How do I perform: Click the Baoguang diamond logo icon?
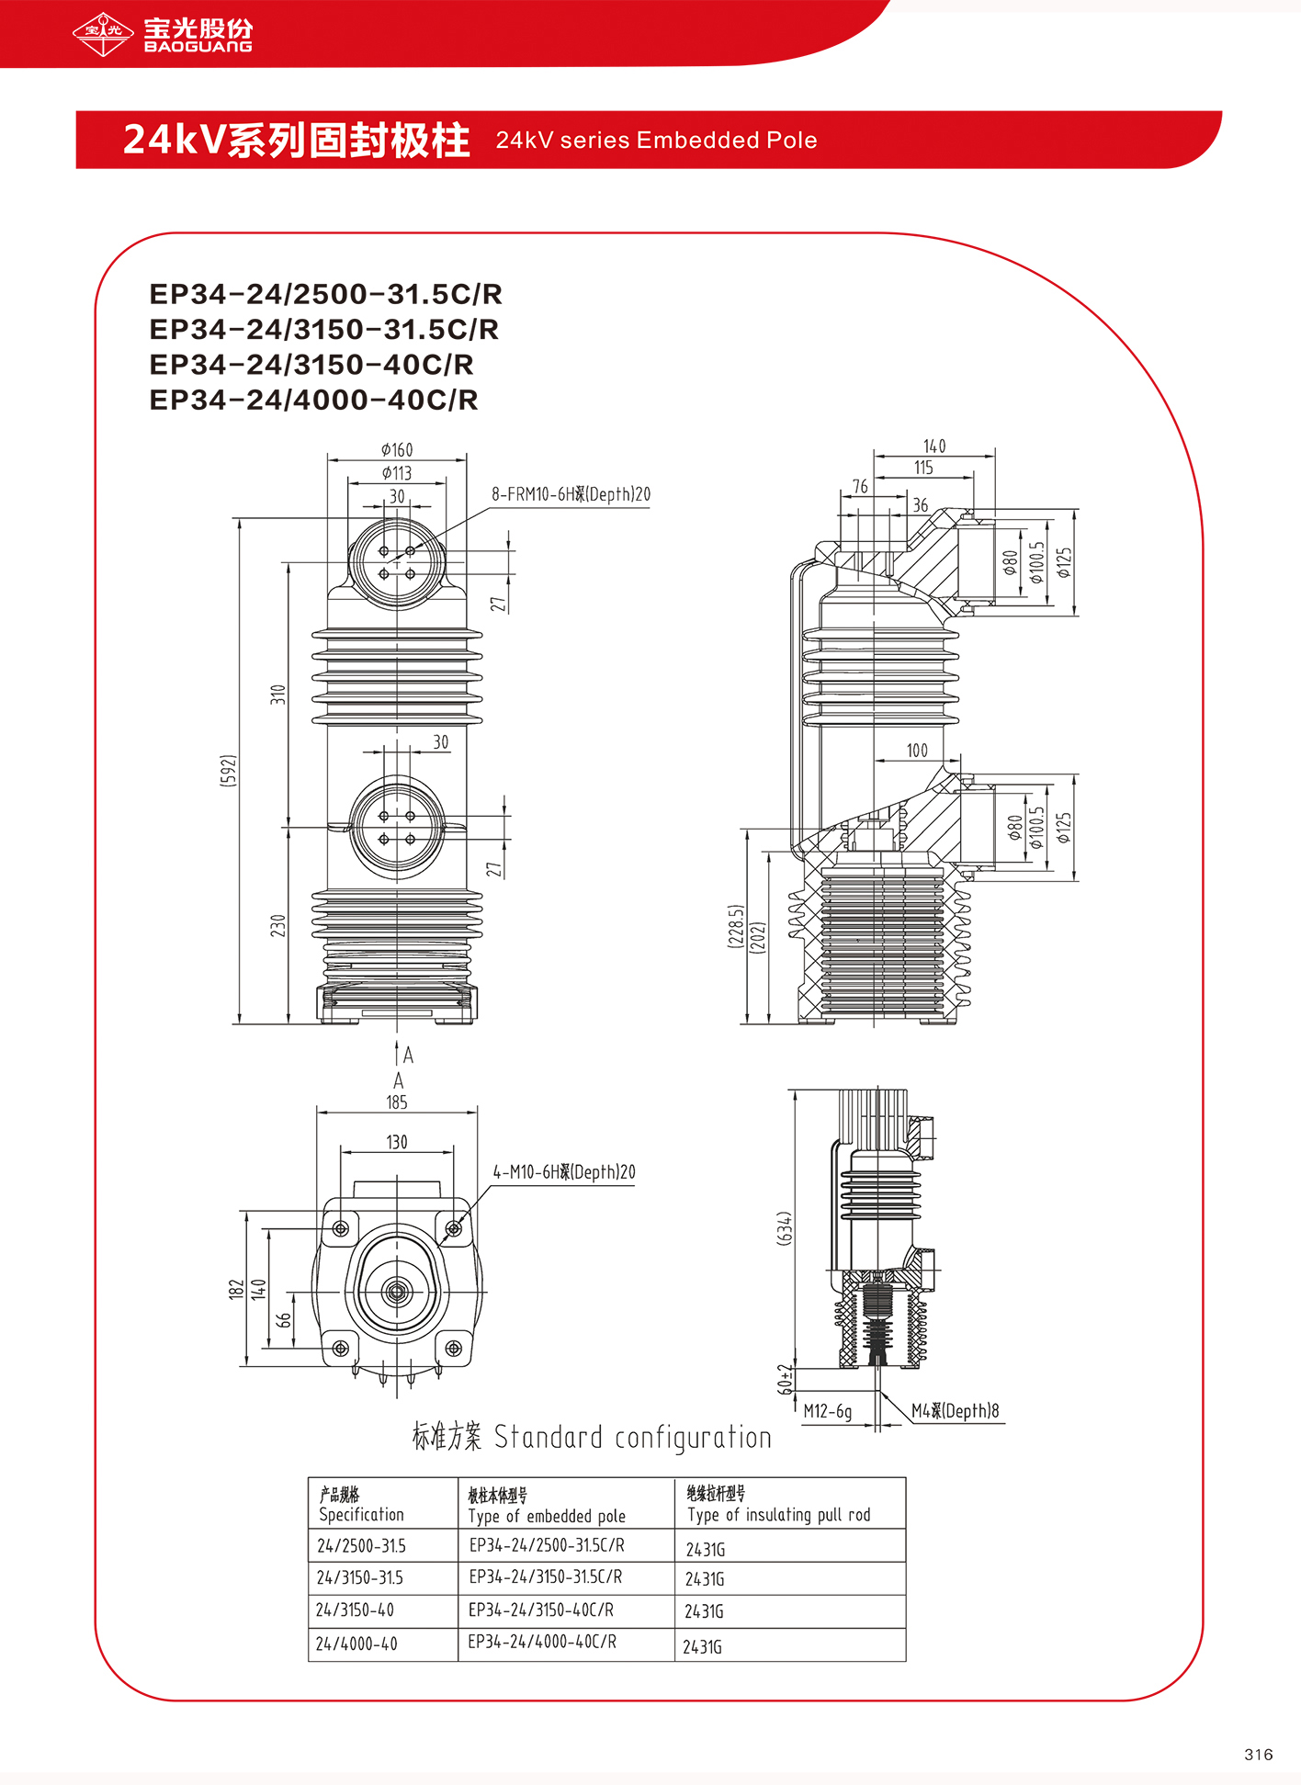pos(103,34)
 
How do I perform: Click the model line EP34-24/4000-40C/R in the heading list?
pos(314,401)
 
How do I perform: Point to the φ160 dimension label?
pos(397,449)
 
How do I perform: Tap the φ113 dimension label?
pos(397,473)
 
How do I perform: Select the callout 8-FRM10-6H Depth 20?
pos(571,494)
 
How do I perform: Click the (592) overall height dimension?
pos(229,770)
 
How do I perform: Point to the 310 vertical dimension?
pos(277,695)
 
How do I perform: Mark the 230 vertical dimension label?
pos(277,925)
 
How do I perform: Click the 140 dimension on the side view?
pos(934,446)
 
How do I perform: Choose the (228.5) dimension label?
pos(735,927)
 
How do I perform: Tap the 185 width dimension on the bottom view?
pos(397,1102)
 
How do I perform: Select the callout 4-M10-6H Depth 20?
pos(564,1172)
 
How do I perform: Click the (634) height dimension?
pos(785,1228)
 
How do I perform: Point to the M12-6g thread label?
pos(828,1411)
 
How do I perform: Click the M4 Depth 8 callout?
pos(956,1411)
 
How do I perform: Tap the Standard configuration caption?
pos(592,1437)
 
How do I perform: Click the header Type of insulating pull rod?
pos(779,1515)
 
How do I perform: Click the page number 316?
pos(1259,1755)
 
